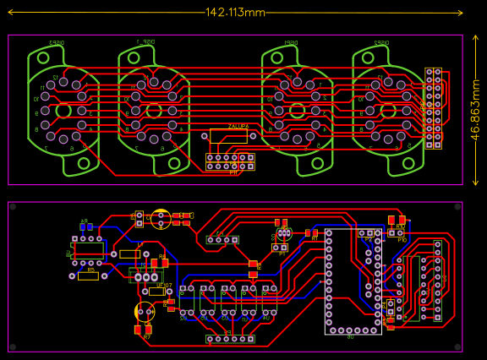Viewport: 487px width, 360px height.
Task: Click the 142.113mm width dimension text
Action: click(x=235, y=13)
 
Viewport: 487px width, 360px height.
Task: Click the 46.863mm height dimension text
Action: click(x=476, y=110)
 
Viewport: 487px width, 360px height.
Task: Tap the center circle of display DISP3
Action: click(x=64, y=111)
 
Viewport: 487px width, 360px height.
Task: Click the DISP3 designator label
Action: click(x=57, y=42)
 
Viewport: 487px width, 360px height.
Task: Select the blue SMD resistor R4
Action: click(x=85, y=226)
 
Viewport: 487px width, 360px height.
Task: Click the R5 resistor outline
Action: click(x=88, y=276)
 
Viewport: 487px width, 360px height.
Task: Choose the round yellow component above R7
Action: click(x=145, y=312)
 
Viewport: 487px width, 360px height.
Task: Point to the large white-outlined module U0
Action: click(x=353, y=281)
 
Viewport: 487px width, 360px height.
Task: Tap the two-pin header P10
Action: click(x=397, y=232)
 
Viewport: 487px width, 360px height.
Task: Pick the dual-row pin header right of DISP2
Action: click(x=433, y=109)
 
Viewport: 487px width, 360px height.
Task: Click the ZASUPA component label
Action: click(x=238, y=126)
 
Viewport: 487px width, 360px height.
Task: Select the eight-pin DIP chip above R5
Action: click(x=88, y=251)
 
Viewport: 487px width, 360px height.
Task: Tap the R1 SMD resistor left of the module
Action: click(x=311, y=232)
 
